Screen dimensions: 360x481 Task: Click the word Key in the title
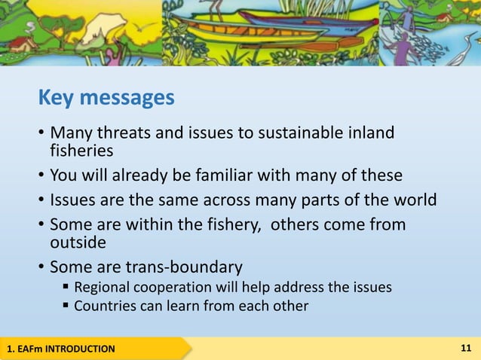coord(58,99)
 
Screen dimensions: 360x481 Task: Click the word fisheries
coord(81,151)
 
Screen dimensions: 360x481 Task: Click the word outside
coord(78,243)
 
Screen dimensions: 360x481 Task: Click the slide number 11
coord(465,348)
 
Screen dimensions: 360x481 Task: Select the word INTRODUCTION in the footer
coord(78,349)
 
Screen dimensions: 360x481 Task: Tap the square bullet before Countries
coord(66,307)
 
